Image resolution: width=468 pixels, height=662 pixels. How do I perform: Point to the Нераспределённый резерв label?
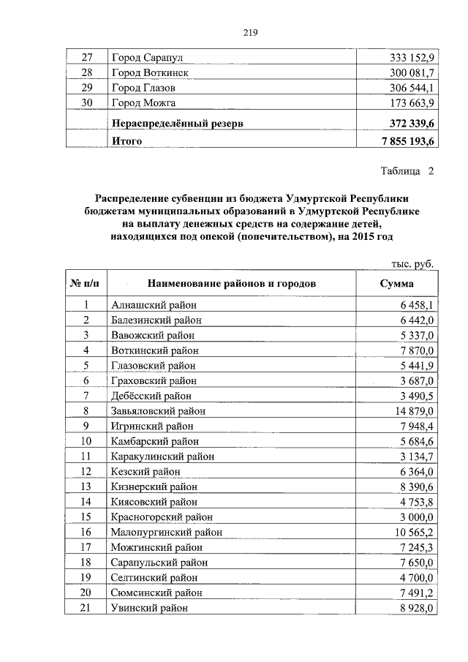[177, 124]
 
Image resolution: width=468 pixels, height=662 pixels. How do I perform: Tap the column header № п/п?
[86, 283]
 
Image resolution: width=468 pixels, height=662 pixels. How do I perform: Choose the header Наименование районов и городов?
[231, 283]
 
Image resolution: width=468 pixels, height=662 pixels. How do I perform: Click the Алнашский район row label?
[154, 305]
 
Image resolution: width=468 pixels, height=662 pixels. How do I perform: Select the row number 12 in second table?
[86, 472]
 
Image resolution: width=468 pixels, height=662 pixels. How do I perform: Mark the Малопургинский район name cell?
[167, 532]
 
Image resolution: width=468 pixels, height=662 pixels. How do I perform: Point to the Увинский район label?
[149, 608]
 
